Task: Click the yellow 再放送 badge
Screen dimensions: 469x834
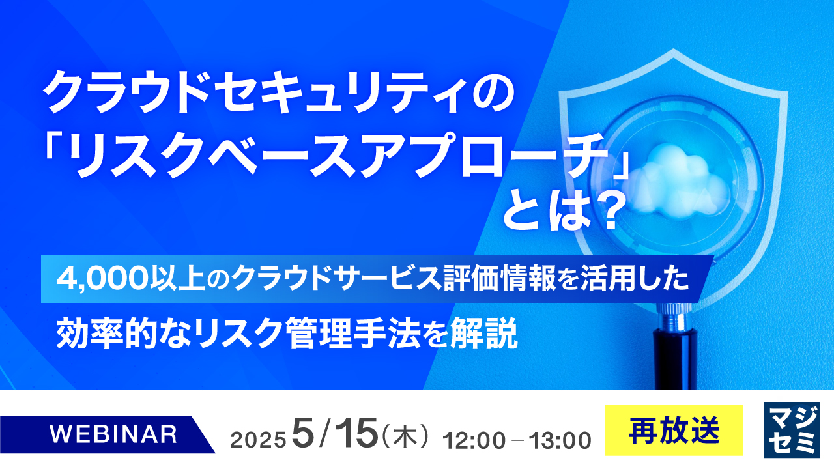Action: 674,430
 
